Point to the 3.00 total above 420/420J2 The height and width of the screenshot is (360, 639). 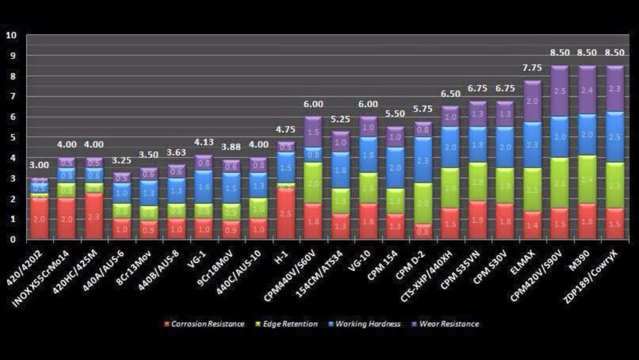coord(39,165)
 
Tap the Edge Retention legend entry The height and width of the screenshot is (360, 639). coord(288,324)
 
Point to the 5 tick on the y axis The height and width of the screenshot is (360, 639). coord(13,138)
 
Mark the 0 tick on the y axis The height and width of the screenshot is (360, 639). coord(13,240)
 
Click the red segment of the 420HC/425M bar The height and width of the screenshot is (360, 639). coord(93,217)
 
